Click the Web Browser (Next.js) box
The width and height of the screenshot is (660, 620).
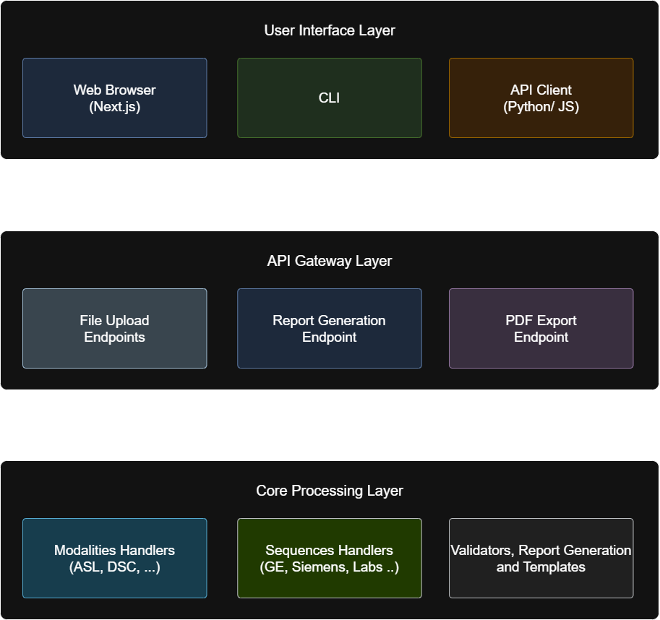click(114, 98)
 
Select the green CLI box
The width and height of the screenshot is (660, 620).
click(329, 98)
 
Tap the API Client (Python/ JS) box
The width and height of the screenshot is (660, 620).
click(541, 98)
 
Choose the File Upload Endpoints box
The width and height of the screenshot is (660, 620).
click(114, 329)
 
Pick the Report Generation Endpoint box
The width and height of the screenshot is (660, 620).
click(329, 329)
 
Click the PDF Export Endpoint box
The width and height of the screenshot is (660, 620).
click(541, 329)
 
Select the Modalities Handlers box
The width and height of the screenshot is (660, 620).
click(114, 559)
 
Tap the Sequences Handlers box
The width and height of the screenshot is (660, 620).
click(329, 559)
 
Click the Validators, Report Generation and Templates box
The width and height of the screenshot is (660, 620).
click(541, 559)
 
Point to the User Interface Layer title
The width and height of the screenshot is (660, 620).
click(329, 30)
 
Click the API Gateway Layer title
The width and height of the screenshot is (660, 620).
click(329, 261)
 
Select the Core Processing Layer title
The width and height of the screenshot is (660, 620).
click(329, 491)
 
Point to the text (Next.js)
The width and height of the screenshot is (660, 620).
click(114, 107)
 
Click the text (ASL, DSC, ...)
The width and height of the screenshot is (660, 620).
click(114, 567)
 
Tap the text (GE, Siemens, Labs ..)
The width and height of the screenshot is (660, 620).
click(329, 567)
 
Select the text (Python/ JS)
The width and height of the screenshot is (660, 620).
click(541, 107)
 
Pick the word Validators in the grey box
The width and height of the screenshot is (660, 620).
click(481, 551)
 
